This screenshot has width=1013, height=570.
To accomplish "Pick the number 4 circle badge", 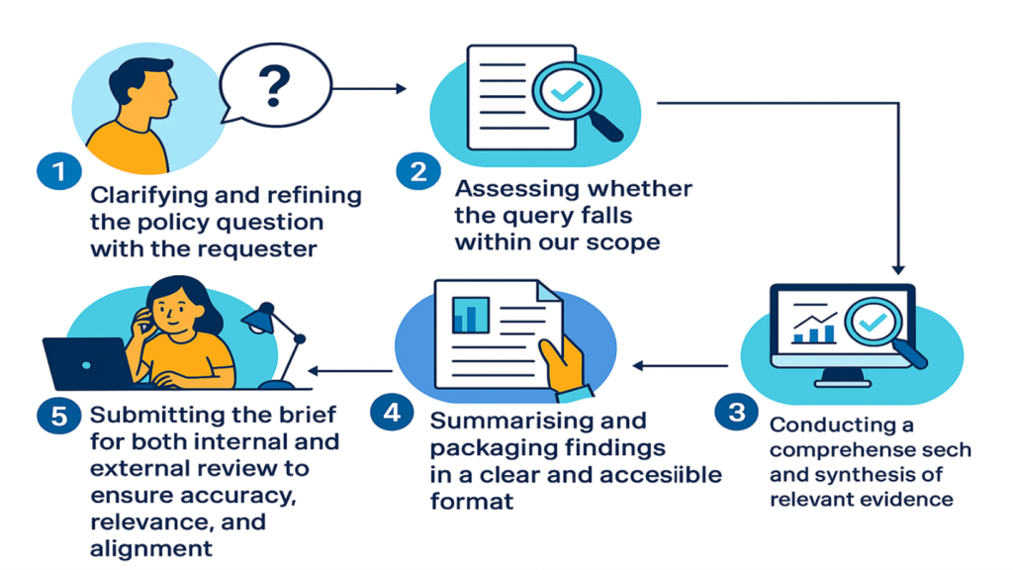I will click(x=392, y=413).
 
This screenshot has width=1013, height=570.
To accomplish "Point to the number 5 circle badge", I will click(x=58, y=416).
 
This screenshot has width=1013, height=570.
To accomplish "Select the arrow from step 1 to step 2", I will click(x=369, y=89).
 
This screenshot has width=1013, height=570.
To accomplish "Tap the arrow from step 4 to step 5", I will click(x=351, y=370).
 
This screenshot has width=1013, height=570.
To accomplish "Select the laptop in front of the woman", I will click(x=86, y=363).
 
